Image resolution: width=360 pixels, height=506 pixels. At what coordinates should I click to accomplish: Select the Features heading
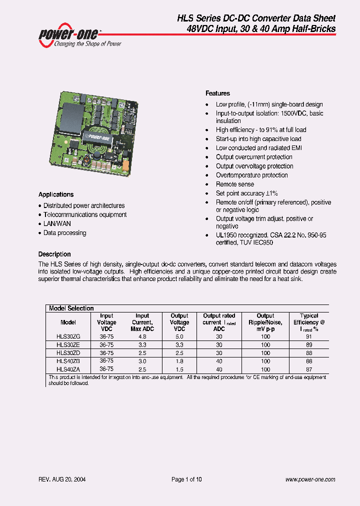click(x=217, y=93)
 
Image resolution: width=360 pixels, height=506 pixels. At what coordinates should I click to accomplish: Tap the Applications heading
click(x=56, y=194)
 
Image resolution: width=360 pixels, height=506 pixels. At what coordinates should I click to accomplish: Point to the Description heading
click(x=54, y=254)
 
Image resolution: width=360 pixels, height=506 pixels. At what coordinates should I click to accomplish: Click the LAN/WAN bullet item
click(x=57, y=223)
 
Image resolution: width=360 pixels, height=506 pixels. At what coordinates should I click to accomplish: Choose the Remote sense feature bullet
click(x=234, y=184)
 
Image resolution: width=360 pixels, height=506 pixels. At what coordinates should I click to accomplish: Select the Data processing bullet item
click(x=64, y=232)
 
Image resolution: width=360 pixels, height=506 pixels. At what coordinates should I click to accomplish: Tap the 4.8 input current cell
click(x=142, y=337)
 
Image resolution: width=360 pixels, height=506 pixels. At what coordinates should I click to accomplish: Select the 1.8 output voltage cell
click(x=179, y=360)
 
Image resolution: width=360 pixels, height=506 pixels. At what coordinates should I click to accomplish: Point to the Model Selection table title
click(x=71, y=308)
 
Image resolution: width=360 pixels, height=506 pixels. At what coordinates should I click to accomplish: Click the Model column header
click(x=68, y=322)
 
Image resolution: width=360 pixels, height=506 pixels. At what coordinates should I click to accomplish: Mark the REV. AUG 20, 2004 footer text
click(x=62, y=479)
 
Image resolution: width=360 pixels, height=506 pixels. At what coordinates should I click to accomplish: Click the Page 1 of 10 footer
click(x=186, y=479)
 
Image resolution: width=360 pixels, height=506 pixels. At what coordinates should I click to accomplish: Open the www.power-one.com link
click(x=310, y=479)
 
